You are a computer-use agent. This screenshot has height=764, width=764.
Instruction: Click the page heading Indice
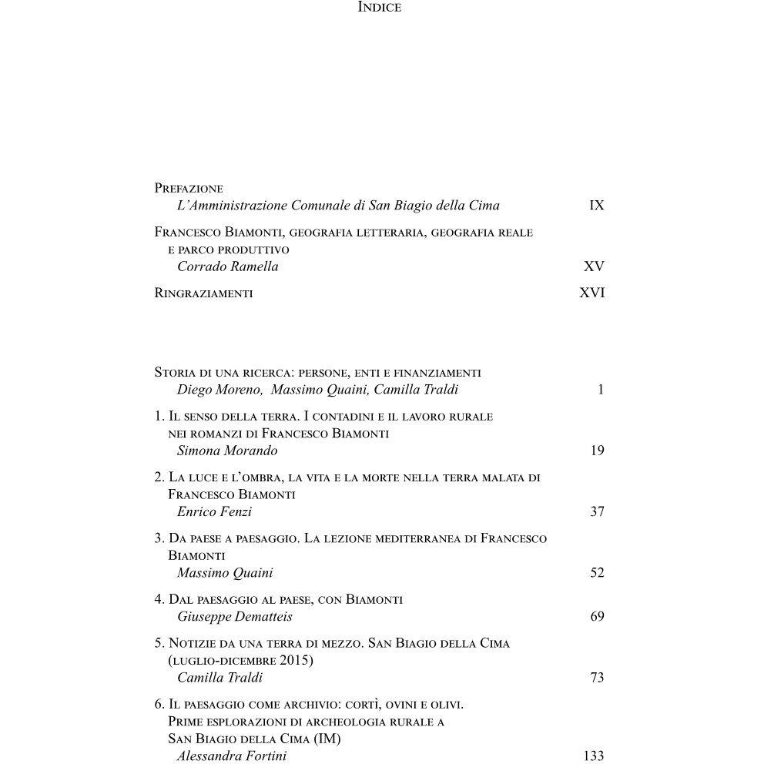click(x=380, y=8)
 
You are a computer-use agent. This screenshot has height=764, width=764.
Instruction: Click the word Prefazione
click(x=189, y=189)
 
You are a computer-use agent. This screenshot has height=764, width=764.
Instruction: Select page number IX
click(x=596, y=206)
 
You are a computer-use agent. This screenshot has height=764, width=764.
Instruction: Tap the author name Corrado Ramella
click(x=227, y=266)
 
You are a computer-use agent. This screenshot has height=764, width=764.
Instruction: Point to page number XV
click(x=594, y=266)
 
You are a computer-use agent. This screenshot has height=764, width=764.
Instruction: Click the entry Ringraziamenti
click(x=203, y=293)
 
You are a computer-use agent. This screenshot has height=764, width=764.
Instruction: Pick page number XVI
click(x=591, y=293)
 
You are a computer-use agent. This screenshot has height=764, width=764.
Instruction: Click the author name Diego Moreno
click(x=219, y=390)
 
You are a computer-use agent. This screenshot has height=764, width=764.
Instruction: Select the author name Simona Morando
click(x=227, y=451)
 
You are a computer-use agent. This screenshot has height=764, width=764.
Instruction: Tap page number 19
click(x=597, y=451)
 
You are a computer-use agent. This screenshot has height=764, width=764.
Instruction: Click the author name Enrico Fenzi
click(x=214, y=511)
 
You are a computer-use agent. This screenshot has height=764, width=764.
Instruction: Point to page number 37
click(x=597, y=511)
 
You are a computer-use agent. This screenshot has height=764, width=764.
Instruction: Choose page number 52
click(x=597, y=573)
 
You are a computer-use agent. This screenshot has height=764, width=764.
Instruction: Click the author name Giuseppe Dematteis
click(x=234, y=617)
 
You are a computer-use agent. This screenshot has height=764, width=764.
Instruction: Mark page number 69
click(x=597, y=617)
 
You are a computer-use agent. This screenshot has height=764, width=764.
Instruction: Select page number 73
click(x=597, y=678)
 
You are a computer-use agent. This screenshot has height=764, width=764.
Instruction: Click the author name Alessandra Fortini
click(x=231, y=756)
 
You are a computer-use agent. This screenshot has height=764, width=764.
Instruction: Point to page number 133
click(x=594, y=756)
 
